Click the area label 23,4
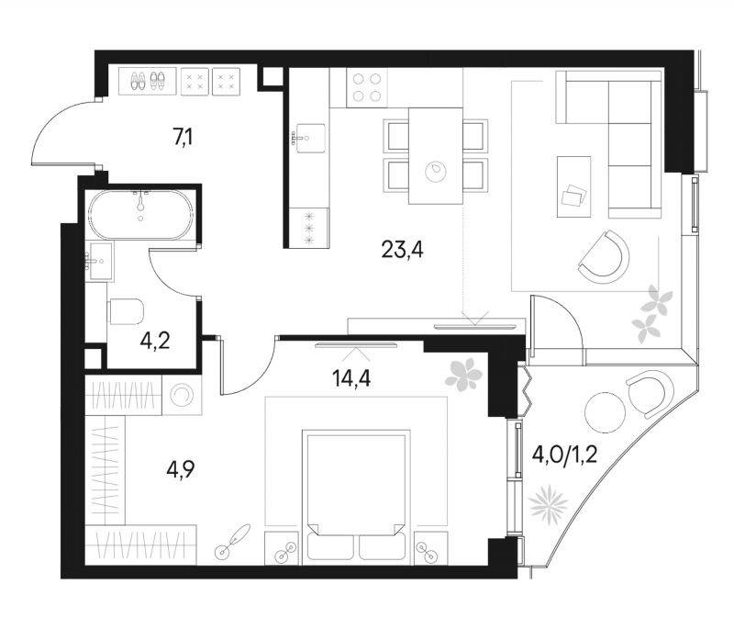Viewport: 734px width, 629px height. [402, 250]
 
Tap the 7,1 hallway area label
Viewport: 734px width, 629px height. [183, 137]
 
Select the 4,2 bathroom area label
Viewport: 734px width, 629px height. [154, 342]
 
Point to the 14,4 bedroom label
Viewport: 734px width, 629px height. [351, 378]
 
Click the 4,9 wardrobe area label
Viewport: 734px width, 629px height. [180, 468]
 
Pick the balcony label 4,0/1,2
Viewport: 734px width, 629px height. [564, 454]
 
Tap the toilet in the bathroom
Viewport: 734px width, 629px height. [126, 311]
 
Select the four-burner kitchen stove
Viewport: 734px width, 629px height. [367, 87]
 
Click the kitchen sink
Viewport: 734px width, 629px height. [309, 138]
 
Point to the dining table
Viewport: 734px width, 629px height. [435, 156]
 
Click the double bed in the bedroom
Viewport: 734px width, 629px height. [356, 498]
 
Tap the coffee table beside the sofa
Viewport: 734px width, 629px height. [574, 186]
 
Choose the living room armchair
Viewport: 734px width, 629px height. [605, 257]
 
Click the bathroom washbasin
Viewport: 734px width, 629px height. [99, 262]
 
